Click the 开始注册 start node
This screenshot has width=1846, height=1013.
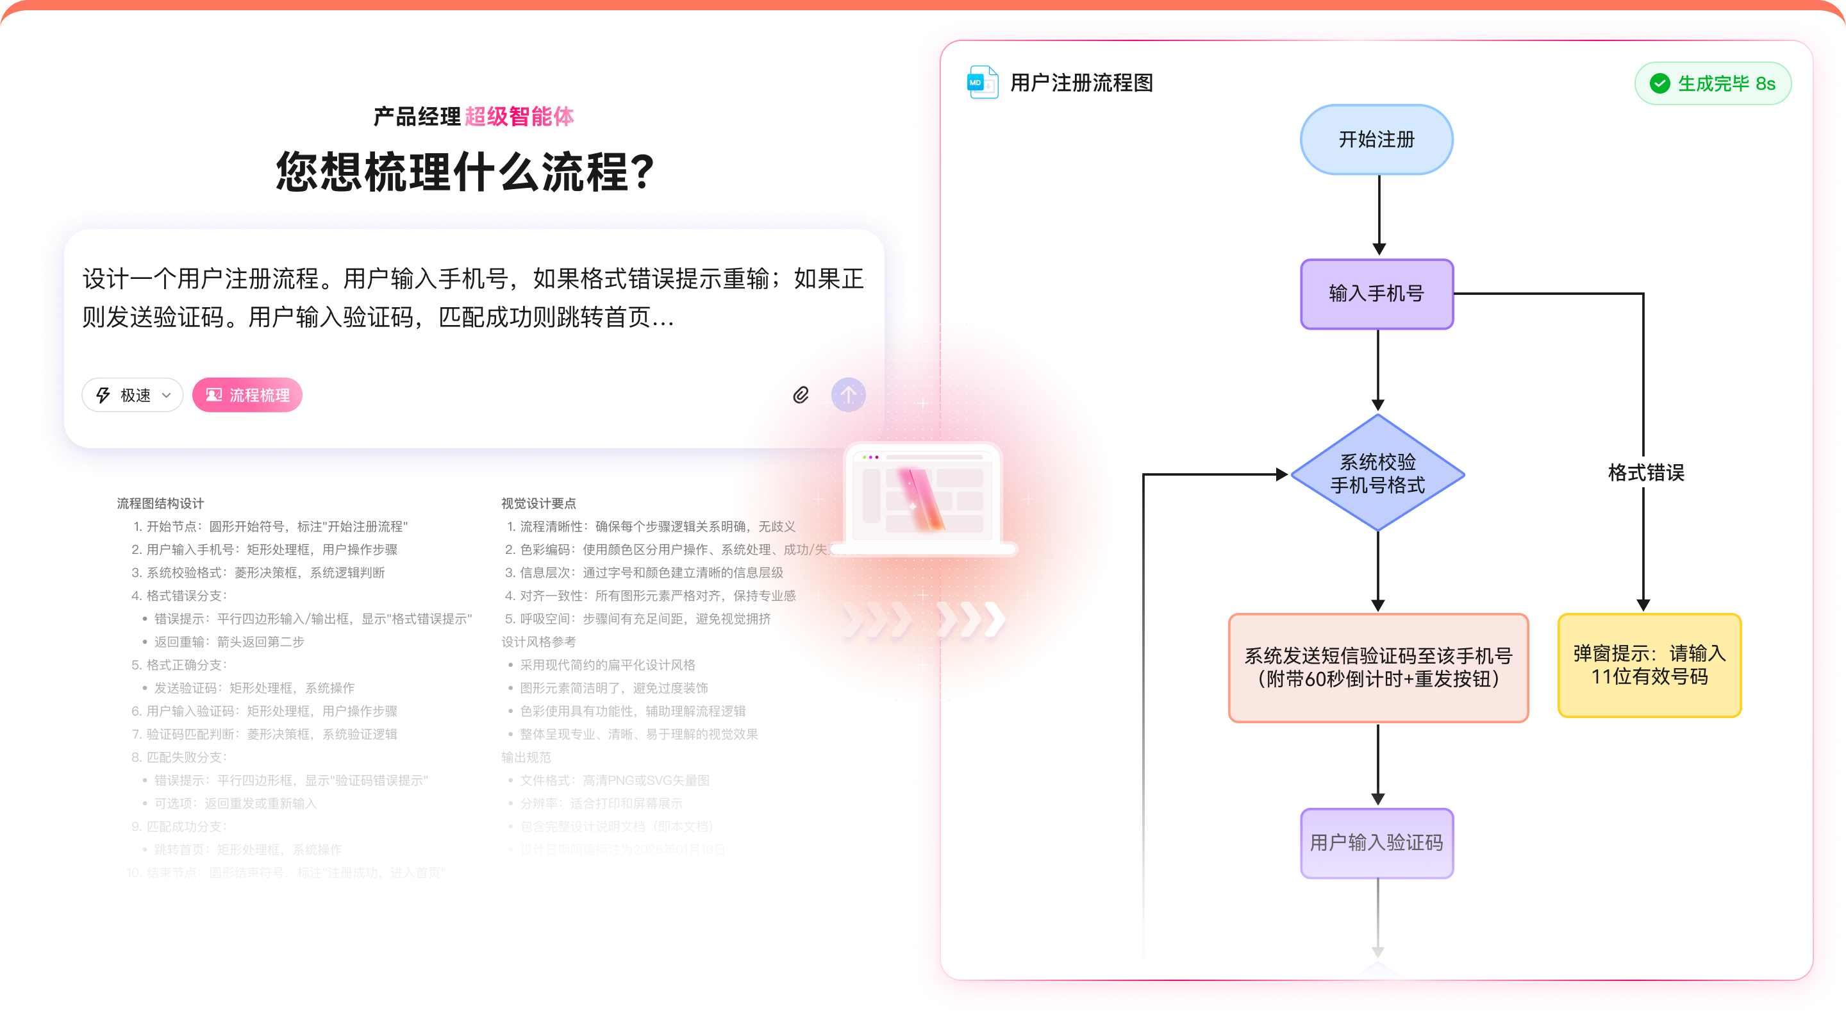[x=1376, y=139]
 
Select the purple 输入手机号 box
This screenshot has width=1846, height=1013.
[x=1376, y=294]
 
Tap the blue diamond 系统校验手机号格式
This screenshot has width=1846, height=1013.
[x=1377, y=473]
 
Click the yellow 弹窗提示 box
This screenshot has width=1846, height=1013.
[x=1649, y=666]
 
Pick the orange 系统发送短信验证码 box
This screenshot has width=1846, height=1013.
[x=1378, y=667]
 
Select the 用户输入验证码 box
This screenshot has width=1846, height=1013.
[x=1376, y=842]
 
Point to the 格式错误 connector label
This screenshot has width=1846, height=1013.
[x=1646, y=473]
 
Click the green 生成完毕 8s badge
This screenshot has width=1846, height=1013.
[x=1713, y=84]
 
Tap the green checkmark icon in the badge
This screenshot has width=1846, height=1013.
[x=1659, y=84]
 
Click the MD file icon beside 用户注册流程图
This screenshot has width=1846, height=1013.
[x=982, y=83]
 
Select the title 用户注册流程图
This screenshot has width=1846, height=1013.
[x=1081, y=83]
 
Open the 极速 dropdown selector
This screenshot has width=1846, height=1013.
[x=133, y=395]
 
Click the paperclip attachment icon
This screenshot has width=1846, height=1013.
[x=801, y=395]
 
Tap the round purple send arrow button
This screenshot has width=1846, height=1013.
[x=848, y=395]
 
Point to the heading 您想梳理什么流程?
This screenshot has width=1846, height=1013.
[x=466, y=172]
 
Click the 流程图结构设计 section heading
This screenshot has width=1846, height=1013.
[x=160, y=503]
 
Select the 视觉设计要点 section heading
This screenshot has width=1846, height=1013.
[x=538, y=503]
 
